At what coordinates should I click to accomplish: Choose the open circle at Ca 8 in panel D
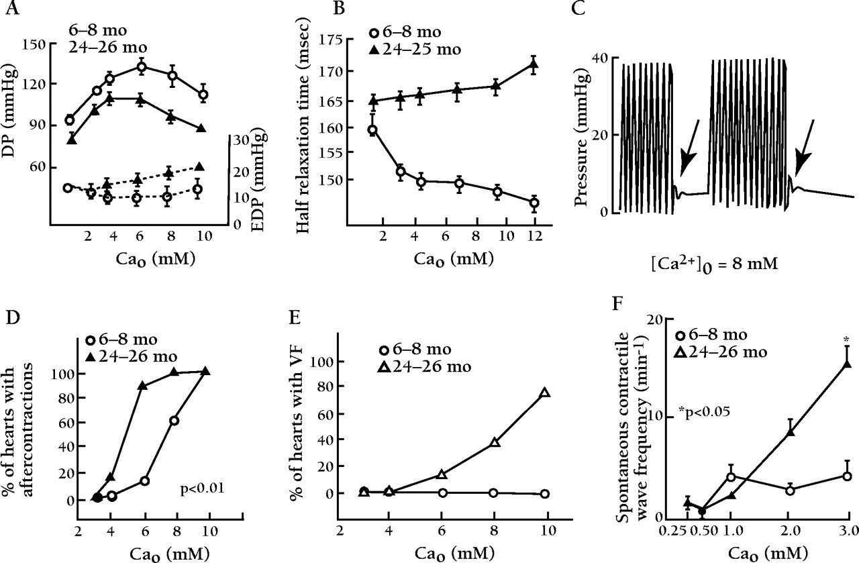[174, 421]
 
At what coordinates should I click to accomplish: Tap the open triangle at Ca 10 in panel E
[545, 393]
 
